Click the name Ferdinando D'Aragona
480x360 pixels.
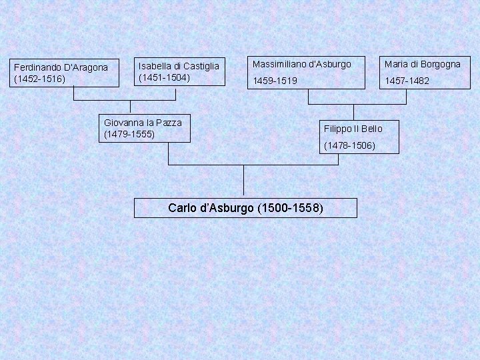61,67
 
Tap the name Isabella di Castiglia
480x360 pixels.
178,66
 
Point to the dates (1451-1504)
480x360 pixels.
164,77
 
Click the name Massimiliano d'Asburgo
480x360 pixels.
300,64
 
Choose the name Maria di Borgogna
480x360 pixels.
421,64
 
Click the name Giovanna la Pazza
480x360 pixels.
143,123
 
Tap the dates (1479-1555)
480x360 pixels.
129,134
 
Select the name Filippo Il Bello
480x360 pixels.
353,128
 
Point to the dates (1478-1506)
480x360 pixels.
349,145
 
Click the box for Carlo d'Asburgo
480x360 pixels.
245,208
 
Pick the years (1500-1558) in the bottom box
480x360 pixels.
289,208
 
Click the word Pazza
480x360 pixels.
168,123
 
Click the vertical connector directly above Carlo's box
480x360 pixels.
243,181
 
